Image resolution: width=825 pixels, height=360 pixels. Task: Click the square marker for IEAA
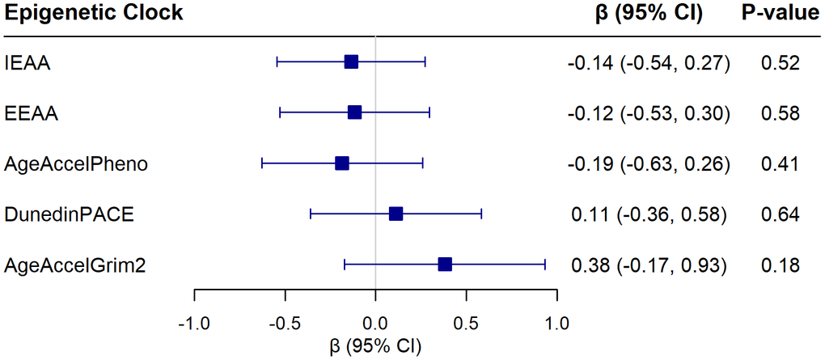pos(350,62)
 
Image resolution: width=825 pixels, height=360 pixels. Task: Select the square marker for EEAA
pos(354,112)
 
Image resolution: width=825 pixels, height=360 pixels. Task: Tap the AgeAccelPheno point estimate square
pos(341,163)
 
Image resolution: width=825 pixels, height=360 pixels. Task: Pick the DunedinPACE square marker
pos(396,214)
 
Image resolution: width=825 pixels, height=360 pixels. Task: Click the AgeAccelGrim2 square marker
pos(444,264)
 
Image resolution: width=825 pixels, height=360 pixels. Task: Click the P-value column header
pos(780,14)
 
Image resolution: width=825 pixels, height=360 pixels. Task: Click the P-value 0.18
pos(780,265)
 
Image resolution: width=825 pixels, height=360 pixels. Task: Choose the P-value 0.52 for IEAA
pos(780,63)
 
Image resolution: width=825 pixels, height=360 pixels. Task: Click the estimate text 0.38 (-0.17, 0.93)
pos(650,265)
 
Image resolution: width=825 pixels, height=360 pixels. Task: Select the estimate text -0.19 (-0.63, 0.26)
pos(649,164)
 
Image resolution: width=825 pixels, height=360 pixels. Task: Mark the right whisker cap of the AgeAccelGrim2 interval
pos(544,264)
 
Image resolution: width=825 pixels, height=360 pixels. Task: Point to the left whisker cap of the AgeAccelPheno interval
pos(262,163)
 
